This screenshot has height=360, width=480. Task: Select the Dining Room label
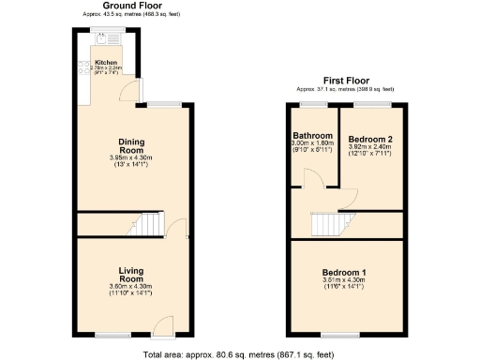coord(130,145)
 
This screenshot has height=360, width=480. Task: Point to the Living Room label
coord(130,275)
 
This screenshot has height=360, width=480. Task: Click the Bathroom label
coord(312,135)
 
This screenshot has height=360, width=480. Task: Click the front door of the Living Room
coord(162,328)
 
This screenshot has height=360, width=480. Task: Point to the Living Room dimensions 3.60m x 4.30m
coord(130,286)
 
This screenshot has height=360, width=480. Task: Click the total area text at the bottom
coord(239,354)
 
